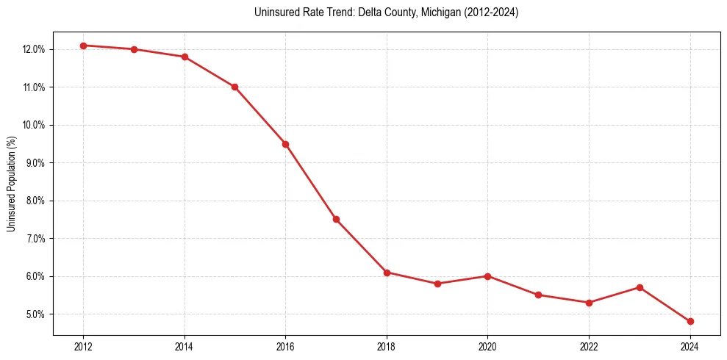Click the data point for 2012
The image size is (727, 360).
pyautogui.click(x=83, y=46)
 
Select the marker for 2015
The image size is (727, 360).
pyautogui.click(x=234, y=87)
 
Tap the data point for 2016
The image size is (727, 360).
pyautogui.click(x=285, y=144)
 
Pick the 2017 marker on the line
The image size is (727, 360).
pyautogui.click(x=336, y=219)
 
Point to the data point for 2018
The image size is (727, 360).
pyautogui.click(x=387, y=273)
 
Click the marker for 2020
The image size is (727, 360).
pyautogui.click(x=487, y=276)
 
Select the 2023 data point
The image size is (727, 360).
pyautogui.click(x=640, y=287)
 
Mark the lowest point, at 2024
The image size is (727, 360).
pyautogui.click(x=690, y=321)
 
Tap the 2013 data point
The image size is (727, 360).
pyautogui.click(x=134, y=49)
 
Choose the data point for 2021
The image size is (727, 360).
pyautogui.click(x=538, y=295)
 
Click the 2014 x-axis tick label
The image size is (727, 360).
pyautogui.click(x=185, y=347)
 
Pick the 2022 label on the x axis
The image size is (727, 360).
pyautogui.click(x=589, y=347)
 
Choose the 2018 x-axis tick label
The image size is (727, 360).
pyautogui.click(x=387, y=347)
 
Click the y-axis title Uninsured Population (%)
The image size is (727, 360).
pyautogui.click(x=11, y=184)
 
